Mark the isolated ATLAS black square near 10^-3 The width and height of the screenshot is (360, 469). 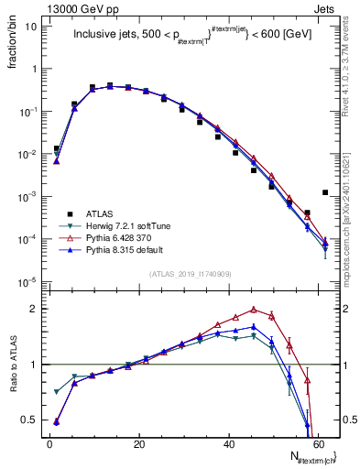coord(325,192)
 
